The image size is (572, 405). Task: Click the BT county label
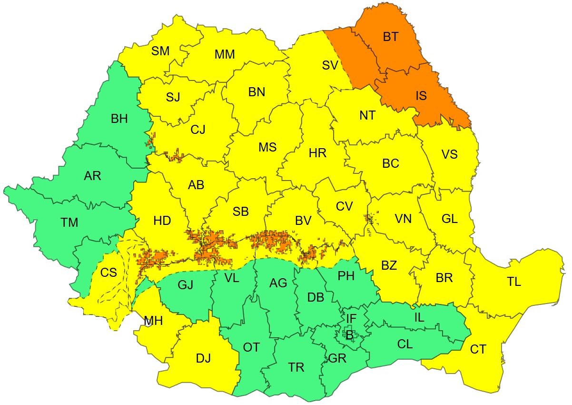coord(390,37)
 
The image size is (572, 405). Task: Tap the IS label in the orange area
coord(421,95)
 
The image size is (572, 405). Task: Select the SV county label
coord(329,65)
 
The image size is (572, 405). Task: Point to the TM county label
coord(69,222)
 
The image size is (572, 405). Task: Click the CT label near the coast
coord(478,349)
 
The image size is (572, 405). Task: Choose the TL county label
coord(514,282)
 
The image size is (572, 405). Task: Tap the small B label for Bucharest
coord(349,336)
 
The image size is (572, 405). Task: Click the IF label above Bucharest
coord(351,318)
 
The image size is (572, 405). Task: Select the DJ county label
coord(203,358)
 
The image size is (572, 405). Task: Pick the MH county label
coord(153,321)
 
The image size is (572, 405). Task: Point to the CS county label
coord(108,273)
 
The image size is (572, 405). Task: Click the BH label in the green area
coord(119,119)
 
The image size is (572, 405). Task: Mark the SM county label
coord(160,51)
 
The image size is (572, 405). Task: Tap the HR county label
coord(317,153)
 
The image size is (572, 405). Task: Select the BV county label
coord(303,220)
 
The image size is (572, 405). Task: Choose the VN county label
coord(403,219)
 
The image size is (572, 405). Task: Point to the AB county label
coord(196,184)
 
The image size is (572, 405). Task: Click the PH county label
coord(346,276)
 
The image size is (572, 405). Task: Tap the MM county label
coord(225,54)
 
